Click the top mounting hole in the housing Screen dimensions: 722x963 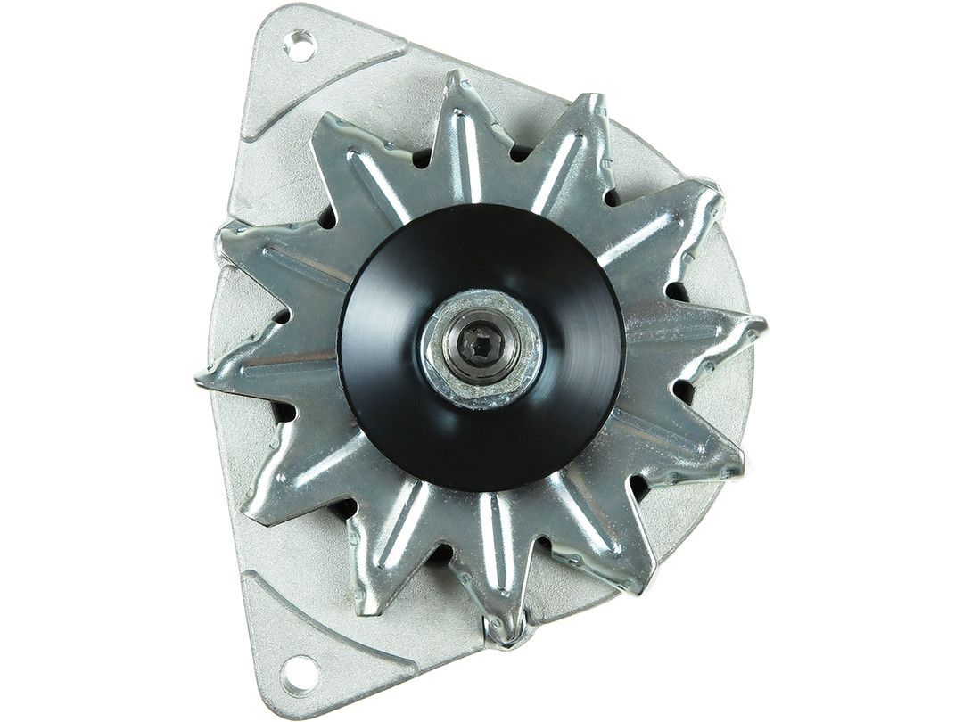point(300,45)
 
